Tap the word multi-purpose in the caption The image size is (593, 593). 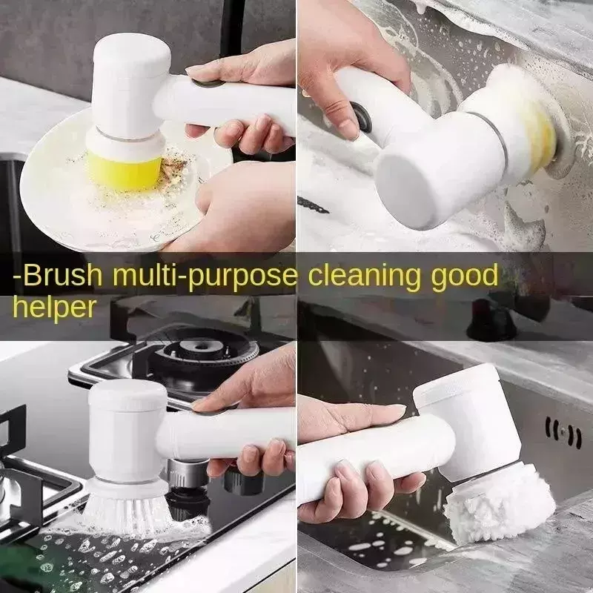(205, 276)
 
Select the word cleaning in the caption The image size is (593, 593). (364, 277)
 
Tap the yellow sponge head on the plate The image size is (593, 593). (124, 171)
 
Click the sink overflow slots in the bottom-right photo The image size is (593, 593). (563, 432)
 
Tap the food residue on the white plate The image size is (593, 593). (173, 166)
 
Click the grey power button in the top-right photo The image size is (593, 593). (361, 116)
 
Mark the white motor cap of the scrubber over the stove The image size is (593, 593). (127, 395)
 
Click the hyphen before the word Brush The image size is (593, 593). (17, 277)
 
